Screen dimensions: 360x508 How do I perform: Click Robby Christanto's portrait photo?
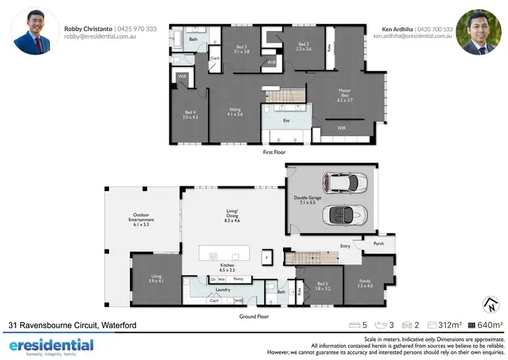32,31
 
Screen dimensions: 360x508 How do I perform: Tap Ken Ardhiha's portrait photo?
478,31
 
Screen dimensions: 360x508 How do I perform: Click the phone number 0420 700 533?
435,29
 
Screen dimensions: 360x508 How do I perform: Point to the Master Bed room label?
345,94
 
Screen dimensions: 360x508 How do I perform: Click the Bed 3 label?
242,48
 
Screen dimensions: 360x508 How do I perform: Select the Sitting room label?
235,111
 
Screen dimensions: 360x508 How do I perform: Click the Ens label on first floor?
285,121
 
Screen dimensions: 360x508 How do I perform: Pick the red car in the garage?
347,184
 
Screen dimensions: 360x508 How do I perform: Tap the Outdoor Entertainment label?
142,220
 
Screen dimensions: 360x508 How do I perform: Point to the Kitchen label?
228,267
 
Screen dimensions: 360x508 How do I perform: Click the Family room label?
365,284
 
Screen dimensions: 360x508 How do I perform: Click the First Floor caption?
274,153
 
